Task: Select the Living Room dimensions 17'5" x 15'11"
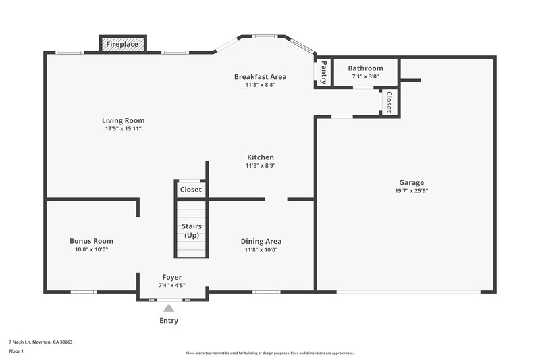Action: point(123,128)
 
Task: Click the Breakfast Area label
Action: point(260,76)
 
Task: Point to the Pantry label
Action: point(324,72)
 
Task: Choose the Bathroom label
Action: point(365,68)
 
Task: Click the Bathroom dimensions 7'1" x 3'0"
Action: point(365,76)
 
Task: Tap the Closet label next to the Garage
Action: point(389,101)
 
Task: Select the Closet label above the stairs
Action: point(191,190)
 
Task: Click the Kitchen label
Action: point(260,157)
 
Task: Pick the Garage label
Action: point(411,182)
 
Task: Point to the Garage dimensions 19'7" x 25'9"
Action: point(411,190)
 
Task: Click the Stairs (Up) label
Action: point(192,230)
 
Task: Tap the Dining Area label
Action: point(261,241)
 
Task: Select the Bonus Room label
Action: point(91,241)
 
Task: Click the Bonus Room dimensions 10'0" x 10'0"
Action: point(91,249)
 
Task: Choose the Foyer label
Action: point(172,277)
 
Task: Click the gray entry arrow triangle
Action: point(169,308)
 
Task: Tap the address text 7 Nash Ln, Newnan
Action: point(40,342)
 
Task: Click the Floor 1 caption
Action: point(16,351)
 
